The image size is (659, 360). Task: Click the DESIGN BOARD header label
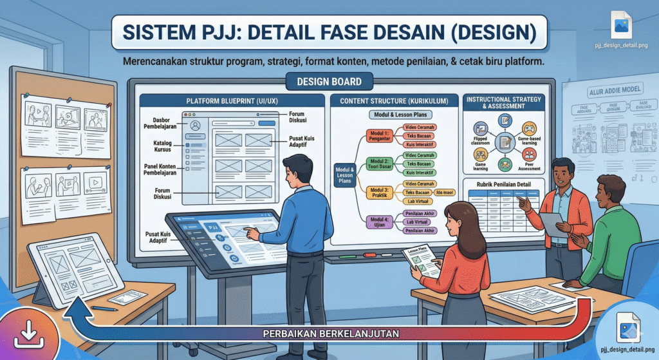(329, 82)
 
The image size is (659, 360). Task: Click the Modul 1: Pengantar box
(378, 136)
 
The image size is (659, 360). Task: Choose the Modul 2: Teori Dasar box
(378, 164)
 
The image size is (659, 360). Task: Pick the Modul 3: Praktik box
(378, 193)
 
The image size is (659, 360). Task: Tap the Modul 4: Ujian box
(379, 221)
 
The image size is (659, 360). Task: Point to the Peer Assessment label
(529, 167)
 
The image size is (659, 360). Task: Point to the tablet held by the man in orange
(551, 223)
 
